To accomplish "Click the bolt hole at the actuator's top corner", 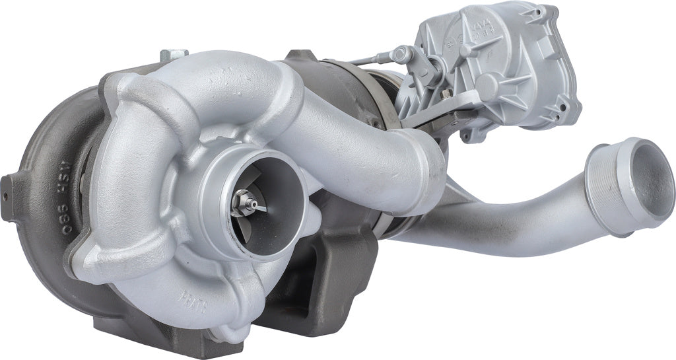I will [545, 12].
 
